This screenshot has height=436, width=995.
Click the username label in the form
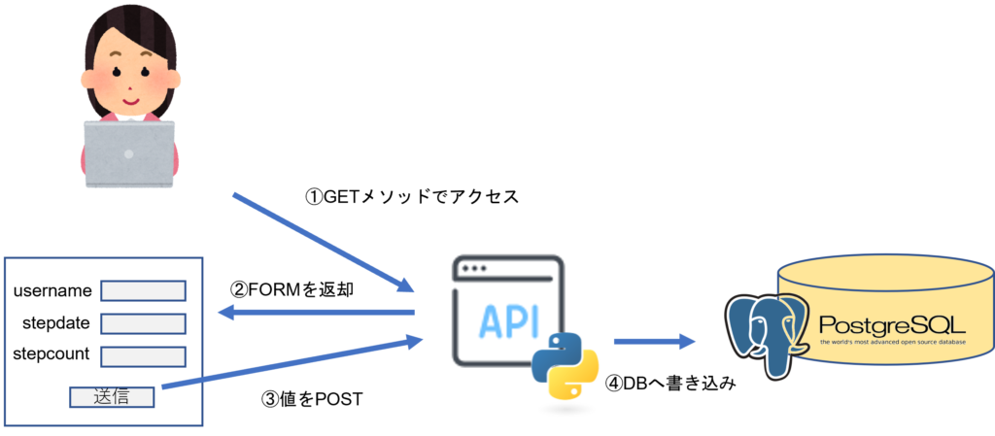(x=52, y=291)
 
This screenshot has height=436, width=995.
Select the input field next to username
(x=143, y=291)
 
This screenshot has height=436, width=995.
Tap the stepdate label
(x=56, y=322)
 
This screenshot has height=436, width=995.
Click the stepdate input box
(x=143, y=323)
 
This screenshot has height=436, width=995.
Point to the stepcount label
(x=51, y=354)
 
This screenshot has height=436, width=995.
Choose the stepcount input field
(x=143, y=356)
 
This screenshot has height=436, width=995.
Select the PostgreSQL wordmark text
(x=891, y=324)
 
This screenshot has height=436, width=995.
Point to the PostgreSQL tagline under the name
(x=891, y=342)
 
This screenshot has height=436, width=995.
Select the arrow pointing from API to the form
(x=317, y=312)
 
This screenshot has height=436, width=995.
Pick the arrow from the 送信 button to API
(x=292, y=364)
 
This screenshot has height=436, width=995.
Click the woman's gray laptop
(x=129, y=153)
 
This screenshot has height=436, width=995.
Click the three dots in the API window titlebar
(x=475, y=268)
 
